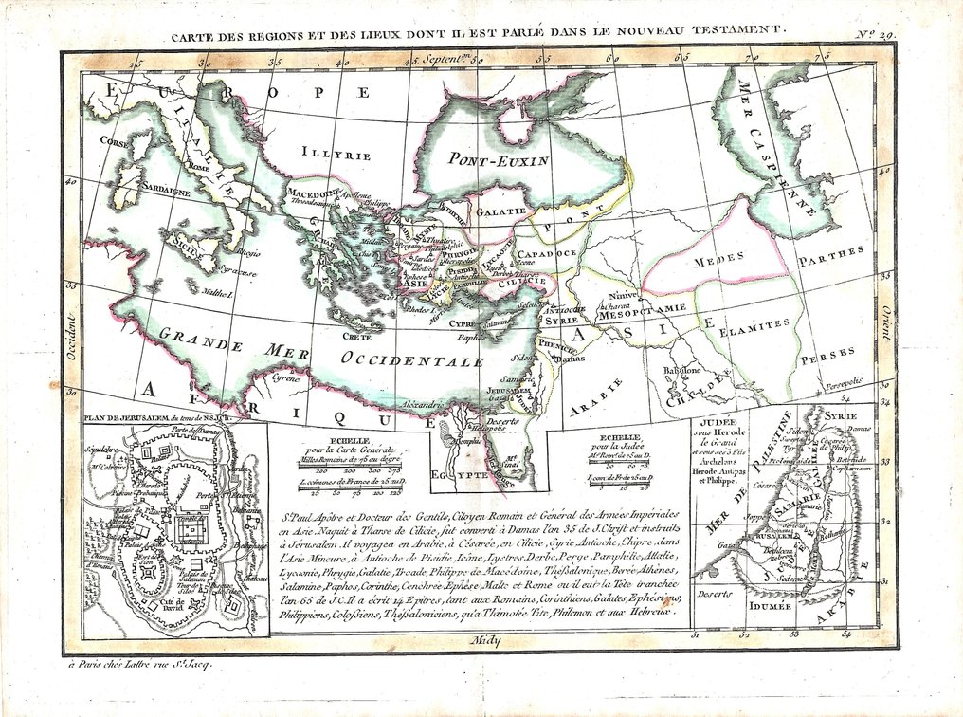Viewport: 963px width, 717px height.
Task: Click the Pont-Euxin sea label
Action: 499,159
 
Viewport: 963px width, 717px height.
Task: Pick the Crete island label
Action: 356,337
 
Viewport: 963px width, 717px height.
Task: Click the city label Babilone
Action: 681,370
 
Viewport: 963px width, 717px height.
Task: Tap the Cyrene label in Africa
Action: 287,377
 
